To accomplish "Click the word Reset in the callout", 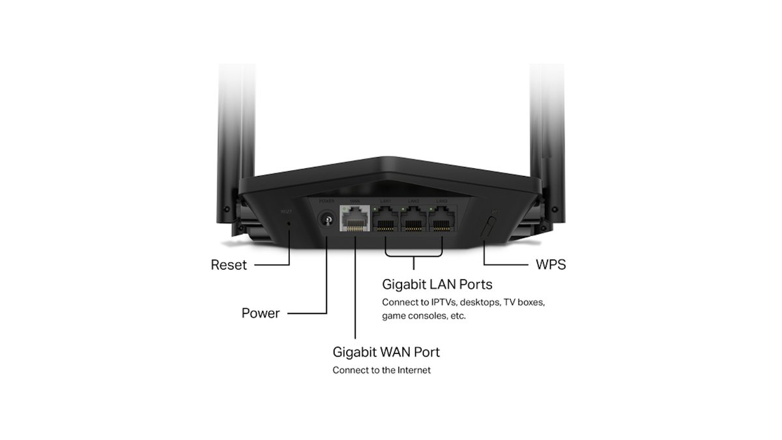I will click(x=229, y=265).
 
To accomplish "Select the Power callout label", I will click(x=260, y=313).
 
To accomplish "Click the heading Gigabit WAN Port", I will click(x=386, y=352).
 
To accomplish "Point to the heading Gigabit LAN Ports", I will click(x=437, y=285).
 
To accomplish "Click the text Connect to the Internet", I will click(x=381, y=370).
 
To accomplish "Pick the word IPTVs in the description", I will click(x=444, y=303).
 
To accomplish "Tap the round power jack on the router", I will click(x=326, y=220).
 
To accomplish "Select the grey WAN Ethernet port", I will click(x=355, y=220).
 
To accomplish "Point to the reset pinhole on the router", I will click(x=289, y=224).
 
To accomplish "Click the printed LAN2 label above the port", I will click(x=413, y=201).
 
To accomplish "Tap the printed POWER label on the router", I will click(x=326, y=201).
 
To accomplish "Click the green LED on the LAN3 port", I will click(x=432, y=209).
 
